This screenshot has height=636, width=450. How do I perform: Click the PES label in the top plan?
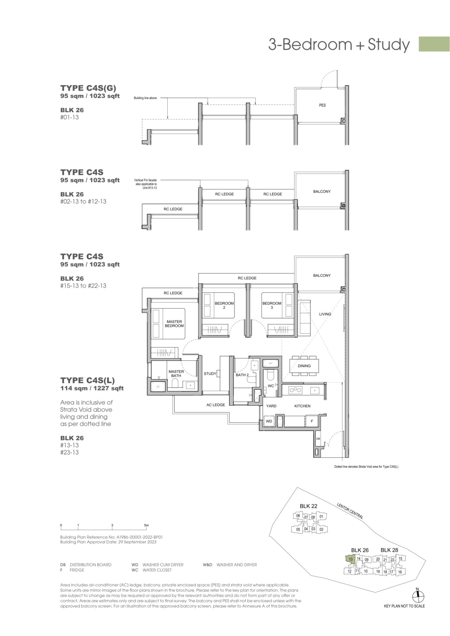(322, 105)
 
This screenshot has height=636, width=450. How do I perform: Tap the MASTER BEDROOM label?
(174, 324)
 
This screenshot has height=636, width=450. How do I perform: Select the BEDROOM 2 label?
(224, 305)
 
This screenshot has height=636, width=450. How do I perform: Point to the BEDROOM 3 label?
(272, 305)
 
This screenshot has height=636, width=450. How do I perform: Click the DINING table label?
(304, 366)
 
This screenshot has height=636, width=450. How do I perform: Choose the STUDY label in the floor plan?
(210, 374)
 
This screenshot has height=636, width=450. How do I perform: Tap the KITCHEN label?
(302, 406)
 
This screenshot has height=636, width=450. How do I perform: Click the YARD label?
(271, 406)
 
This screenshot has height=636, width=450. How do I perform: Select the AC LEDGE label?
(216, 405)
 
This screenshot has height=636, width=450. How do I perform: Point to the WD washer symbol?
(269, 421)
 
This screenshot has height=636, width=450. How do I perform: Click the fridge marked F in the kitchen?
(312, 421)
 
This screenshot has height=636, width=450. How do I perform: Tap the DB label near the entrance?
(318, 439)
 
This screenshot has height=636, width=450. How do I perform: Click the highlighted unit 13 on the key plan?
(350, 559)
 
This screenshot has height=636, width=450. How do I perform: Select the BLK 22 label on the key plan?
(308, 506)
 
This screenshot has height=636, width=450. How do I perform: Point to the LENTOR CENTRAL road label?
(350, 511)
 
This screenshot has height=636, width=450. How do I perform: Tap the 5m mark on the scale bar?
(146, 525)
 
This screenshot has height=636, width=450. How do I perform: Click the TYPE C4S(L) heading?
(88, 380)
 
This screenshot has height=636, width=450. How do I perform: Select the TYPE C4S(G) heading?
(88, 88)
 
